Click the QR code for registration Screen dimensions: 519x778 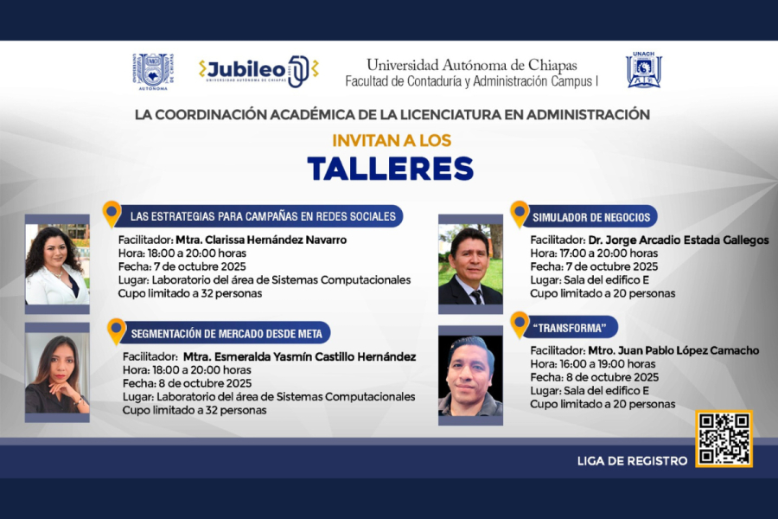pos(724,439)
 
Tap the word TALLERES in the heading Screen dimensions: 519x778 pos(391,169)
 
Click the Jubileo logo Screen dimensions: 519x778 pos(258,71)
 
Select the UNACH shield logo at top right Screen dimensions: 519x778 pos(644,70)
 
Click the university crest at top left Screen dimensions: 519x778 pos(151,71)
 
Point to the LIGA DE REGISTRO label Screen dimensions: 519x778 pos(632,461)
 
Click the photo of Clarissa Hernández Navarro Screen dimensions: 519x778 pos(57,264)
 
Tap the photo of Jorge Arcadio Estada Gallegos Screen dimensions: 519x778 pos(470,265)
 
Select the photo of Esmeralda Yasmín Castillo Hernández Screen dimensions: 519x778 pos(57,372)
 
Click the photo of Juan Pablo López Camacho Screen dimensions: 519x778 pos(470,375)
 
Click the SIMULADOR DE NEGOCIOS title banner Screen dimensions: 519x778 pos(593,217)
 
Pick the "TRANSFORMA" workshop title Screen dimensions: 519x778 pos(575,328)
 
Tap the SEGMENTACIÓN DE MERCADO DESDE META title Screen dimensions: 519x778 pos(230,333)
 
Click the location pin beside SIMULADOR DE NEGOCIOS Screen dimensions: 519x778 pos(520,213)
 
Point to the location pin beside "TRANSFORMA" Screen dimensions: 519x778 pos(520,324)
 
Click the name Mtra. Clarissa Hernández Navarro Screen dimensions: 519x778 pos(260,240)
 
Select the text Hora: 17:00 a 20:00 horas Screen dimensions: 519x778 pos(594,253)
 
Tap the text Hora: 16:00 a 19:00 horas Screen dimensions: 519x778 pos(593,364)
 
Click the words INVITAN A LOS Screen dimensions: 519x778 pos(392,140)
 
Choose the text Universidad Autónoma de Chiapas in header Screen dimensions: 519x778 pos(471,65)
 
